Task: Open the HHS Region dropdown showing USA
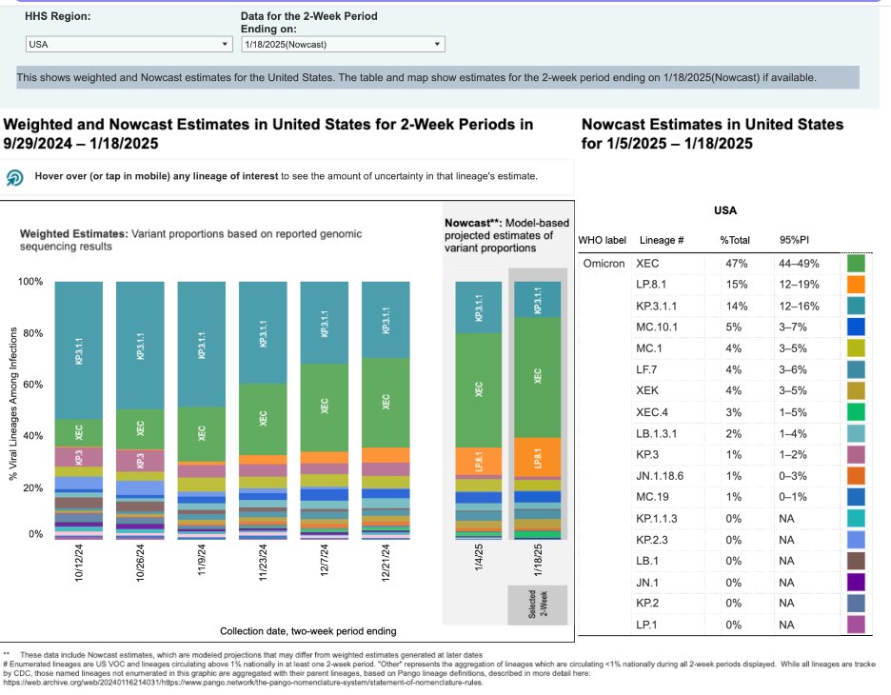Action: click(x=129, y=44)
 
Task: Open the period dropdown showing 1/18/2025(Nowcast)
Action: click(x=342, y=44)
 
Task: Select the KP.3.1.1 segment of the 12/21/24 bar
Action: click(x=386, y=319)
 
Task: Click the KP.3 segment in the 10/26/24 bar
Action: click(x=140, y=461)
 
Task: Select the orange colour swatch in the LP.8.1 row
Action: click(x=856, y=285)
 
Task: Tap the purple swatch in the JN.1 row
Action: click(x=856, y=582)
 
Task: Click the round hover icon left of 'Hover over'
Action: click(x=16, y=178)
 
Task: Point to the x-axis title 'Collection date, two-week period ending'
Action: click(x=308, y=631)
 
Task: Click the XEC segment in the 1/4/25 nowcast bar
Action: click(x=479, y=388)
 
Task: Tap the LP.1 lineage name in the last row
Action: click(x=646, y=624)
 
